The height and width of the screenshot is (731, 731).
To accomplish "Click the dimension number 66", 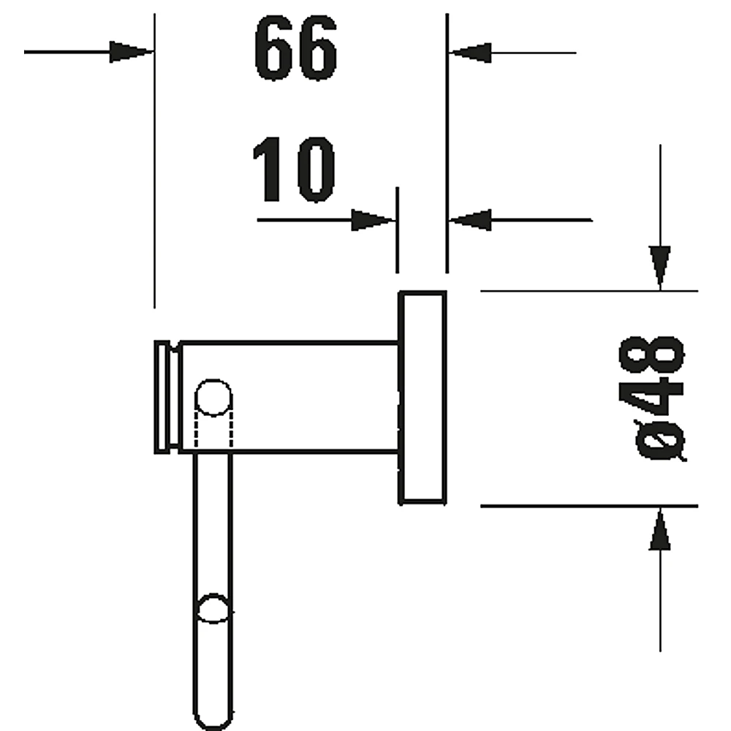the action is [x=295, y=48].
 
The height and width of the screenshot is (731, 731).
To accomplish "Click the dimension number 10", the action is [x=294, y=170].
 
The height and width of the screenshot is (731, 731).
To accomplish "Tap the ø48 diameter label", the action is [x=653, y=398].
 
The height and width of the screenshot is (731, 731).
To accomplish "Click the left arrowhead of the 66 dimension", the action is [x=132, y=52].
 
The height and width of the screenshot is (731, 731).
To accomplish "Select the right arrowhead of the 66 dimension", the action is [x=470, y=52].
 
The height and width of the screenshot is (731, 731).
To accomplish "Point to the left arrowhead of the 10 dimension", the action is [x=373, y=220].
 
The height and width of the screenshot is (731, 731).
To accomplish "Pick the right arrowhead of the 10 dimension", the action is [x=470, y=220].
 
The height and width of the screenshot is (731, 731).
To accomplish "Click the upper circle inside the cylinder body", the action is [x=213, y=398].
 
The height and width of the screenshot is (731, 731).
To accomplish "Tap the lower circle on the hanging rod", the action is [x=213, y=608].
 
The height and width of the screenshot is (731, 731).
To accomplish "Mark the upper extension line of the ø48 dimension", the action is [x=589, y=291].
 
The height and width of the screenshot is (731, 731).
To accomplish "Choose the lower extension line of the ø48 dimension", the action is [x=589, y=506].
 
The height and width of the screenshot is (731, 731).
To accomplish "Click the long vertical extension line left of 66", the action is [x=154, y=161].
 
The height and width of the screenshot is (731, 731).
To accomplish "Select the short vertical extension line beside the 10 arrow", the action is [x=397, y=230].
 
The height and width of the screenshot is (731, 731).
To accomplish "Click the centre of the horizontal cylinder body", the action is [x=289, y=398].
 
